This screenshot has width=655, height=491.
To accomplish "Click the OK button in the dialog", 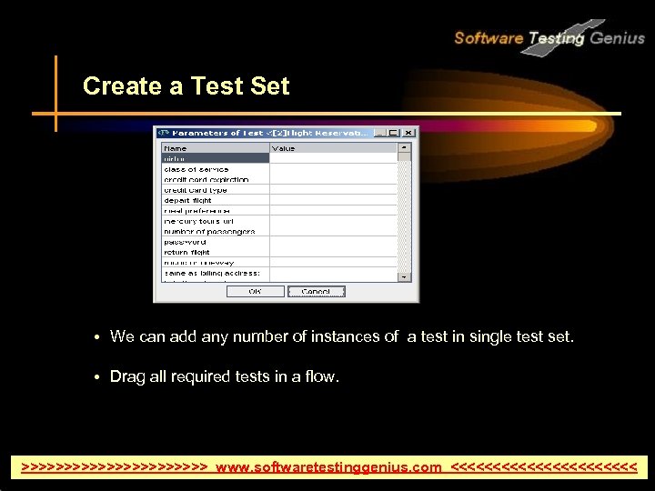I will (255, 291).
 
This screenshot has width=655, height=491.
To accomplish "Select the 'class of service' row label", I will (196, 169).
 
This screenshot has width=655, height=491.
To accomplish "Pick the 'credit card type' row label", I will (196, 190).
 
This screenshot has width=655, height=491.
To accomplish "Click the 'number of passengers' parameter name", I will (209, 231).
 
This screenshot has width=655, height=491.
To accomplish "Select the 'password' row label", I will (186, 242).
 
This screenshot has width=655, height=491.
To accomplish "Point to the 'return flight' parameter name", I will (187, 252).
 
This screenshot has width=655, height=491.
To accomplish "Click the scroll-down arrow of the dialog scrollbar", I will (404, 275).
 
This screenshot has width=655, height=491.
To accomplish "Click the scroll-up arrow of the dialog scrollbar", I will (404, 147).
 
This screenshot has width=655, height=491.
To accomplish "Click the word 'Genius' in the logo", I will (617, 38).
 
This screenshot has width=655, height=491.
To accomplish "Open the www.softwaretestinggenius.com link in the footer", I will (328, 467).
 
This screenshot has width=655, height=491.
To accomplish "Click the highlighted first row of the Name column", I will (215, 158).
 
